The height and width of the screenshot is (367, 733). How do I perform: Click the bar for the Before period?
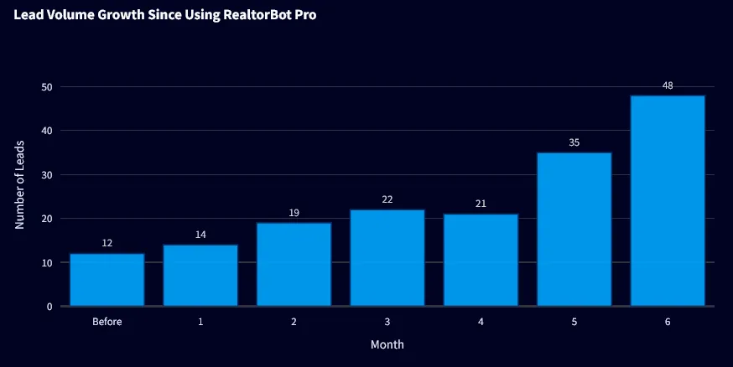click(107, 280)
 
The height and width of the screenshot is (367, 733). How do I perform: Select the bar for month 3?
click(387, 258)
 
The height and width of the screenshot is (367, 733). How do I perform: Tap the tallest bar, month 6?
click(668, 201)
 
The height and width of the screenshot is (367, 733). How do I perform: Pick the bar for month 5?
click(574, 230)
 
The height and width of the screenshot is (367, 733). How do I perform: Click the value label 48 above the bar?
click(668, 85)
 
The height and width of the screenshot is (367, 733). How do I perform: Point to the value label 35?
click(574, 142)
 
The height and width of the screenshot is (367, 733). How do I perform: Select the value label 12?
click(107, 243)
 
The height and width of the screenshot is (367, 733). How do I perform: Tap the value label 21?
click(481, 204)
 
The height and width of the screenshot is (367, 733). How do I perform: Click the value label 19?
click(294, 213)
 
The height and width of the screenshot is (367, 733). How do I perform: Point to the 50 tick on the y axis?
click(46, 87)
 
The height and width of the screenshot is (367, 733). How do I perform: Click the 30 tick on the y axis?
click(46, 175)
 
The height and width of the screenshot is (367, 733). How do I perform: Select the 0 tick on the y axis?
click(49, 307)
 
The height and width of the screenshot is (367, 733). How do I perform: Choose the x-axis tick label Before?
click(107, 322)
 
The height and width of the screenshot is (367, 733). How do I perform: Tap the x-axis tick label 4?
click(481, 322)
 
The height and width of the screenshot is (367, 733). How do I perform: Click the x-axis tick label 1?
click(200, 322)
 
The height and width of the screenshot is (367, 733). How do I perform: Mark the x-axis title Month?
click(387, 344)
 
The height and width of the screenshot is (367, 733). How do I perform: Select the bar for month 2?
click(294, 265)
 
